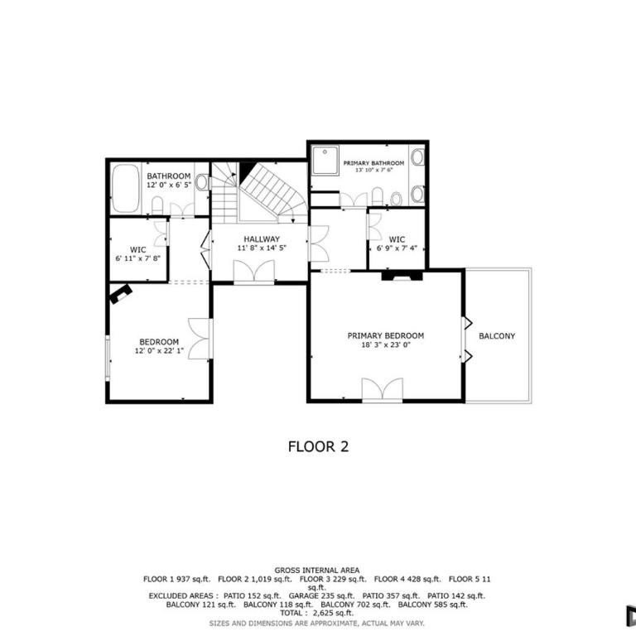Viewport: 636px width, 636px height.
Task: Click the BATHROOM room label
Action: point(169,176)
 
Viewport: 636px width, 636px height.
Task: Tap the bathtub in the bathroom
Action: point(125,188)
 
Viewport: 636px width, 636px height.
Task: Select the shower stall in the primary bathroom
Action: point(325,160)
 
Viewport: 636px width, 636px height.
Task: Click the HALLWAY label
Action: point(262,238)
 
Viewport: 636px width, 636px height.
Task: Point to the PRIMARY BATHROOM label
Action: point(373,163)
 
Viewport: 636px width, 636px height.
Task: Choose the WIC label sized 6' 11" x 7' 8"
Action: point(138,249)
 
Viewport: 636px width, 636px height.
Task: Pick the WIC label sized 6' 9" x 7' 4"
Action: point(397,239)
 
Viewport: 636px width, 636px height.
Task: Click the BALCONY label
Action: point(497,336)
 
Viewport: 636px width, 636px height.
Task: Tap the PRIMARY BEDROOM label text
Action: point(386,335)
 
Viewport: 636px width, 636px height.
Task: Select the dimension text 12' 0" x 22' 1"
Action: point(159,350)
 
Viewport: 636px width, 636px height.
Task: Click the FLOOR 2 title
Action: point(318,446)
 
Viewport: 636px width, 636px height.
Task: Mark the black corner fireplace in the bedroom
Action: point(121,294)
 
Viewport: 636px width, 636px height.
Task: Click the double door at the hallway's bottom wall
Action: point(254,271)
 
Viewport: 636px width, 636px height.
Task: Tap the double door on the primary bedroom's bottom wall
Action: point(383,390)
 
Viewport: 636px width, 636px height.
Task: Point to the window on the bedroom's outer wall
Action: point(108,358)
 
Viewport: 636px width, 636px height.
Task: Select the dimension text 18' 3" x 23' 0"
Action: point(386,344)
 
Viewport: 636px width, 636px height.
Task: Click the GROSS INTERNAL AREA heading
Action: point(317,571)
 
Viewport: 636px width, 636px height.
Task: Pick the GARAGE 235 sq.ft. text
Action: point(321,596)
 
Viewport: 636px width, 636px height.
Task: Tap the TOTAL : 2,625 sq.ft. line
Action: point(317,613)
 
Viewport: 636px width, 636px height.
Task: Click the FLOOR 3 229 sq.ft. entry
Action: point(333,579)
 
